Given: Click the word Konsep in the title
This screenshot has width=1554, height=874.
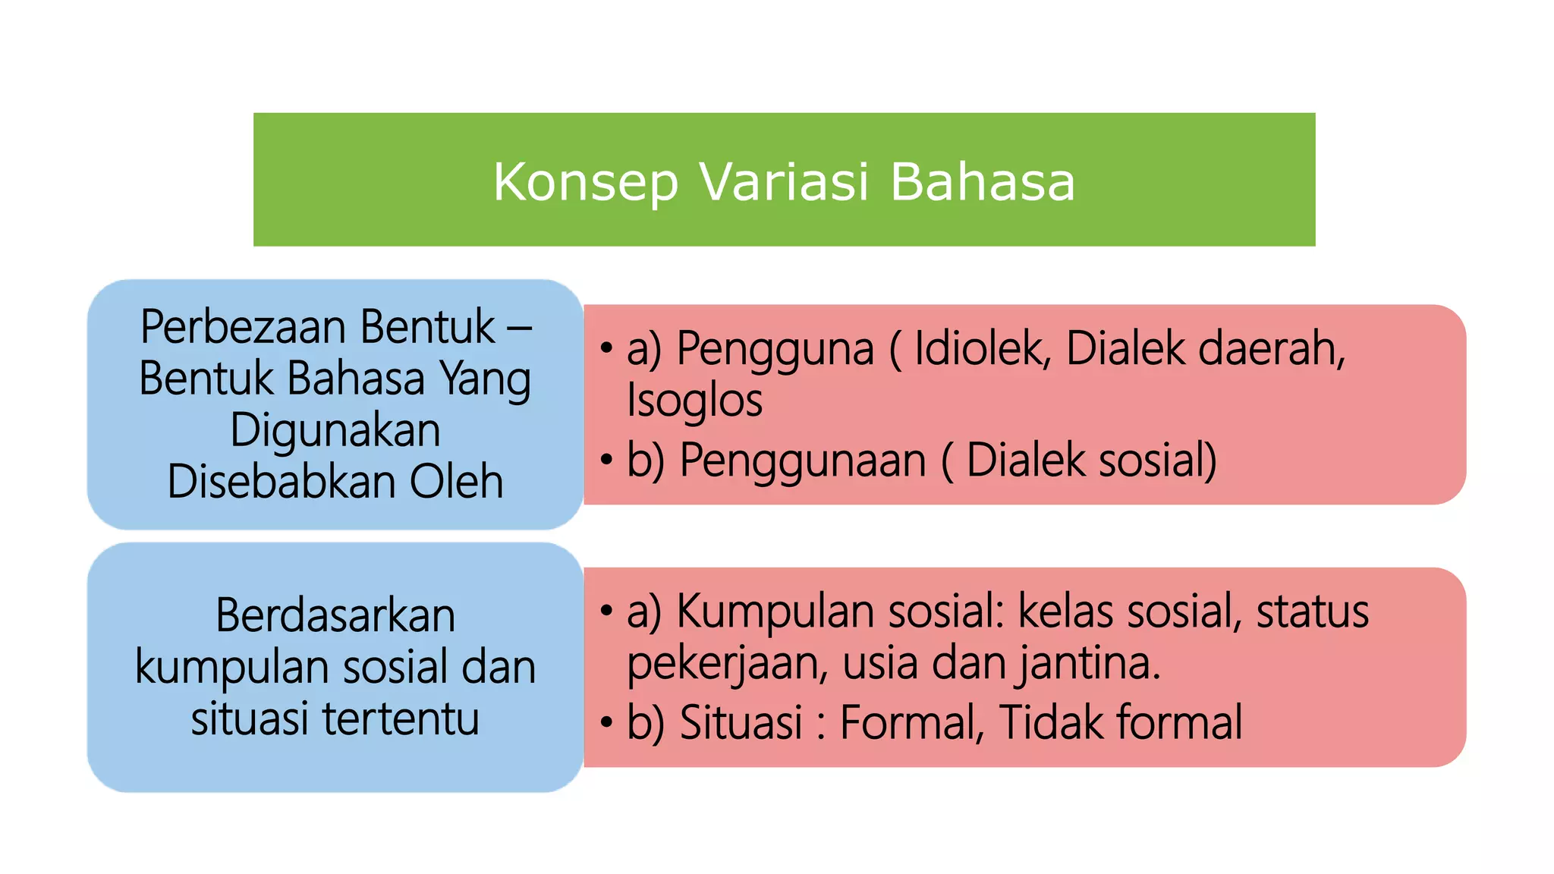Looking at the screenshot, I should [585, 182].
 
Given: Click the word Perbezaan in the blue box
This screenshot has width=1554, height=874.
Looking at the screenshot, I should [243, 327].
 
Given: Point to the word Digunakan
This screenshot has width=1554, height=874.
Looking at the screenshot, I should [335, 430].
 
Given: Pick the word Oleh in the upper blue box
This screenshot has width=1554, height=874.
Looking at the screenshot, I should [456, 482].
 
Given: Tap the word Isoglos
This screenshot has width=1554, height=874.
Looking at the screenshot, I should [694, 401].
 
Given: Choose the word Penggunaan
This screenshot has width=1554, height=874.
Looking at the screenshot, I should [803, 460].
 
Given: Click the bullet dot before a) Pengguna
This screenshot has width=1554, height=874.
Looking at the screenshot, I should [606, 349].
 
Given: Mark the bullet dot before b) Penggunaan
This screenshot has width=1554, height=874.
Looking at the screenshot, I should [606, 460].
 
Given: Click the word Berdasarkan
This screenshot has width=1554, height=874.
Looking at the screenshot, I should [335, 615].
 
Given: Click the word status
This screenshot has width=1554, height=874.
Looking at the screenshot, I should [1313, 611].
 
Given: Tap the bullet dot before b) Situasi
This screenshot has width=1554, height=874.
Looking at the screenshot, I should [606, 722].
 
